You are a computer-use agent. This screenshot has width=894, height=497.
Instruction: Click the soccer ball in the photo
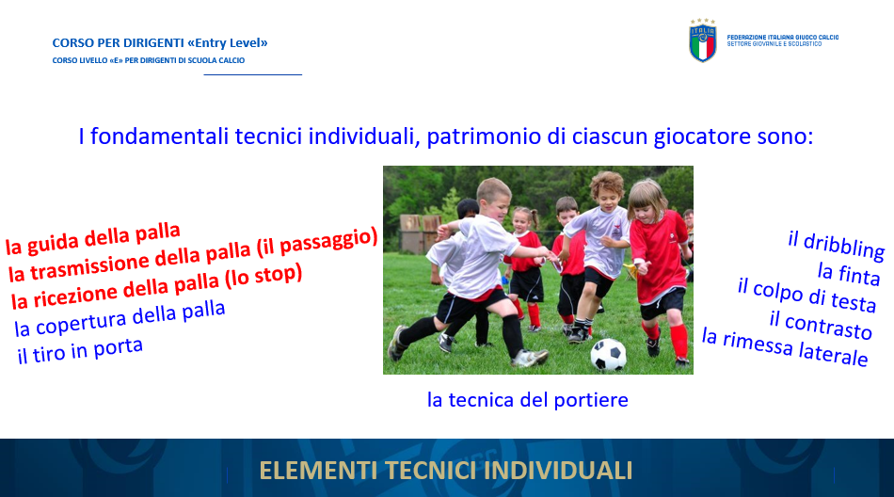(x=608, y=354)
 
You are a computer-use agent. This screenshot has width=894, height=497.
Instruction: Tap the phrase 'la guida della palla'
(x=93, y=238)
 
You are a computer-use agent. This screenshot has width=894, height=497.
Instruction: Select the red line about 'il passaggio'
(x=193, y=254)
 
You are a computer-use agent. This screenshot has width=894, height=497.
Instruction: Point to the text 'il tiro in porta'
(x=80, y=350)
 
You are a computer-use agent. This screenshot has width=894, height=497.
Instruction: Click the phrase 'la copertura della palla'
(x=120, y=318)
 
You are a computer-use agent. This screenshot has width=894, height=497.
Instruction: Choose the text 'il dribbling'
(x=836, y=246)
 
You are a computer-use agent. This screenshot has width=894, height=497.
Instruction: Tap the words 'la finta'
(x=849, y=273)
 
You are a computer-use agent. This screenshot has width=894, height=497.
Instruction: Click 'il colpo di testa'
(x=806, y=295)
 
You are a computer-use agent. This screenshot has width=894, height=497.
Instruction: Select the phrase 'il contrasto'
(x=821, y=325)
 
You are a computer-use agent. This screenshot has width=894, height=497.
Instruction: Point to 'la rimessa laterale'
(x=785, y=346)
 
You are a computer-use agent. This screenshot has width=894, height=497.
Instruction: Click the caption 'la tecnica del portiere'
(x=527, y=400)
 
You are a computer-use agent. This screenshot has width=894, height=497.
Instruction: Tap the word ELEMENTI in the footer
(x=318, y=471)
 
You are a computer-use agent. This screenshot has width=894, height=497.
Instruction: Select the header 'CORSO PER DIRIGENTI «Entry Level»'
(x=160, y=42)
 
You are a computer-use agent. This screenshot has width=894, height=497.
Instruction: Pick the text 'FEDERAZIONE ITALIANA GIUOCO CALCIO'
(x=782, y=37)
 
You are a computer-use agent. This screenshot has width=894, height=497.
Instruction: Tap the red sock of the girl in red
(x=678, y=342)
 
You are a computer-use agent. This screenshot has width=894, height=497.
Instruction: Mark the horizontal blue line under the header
(x=252, y=74)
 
